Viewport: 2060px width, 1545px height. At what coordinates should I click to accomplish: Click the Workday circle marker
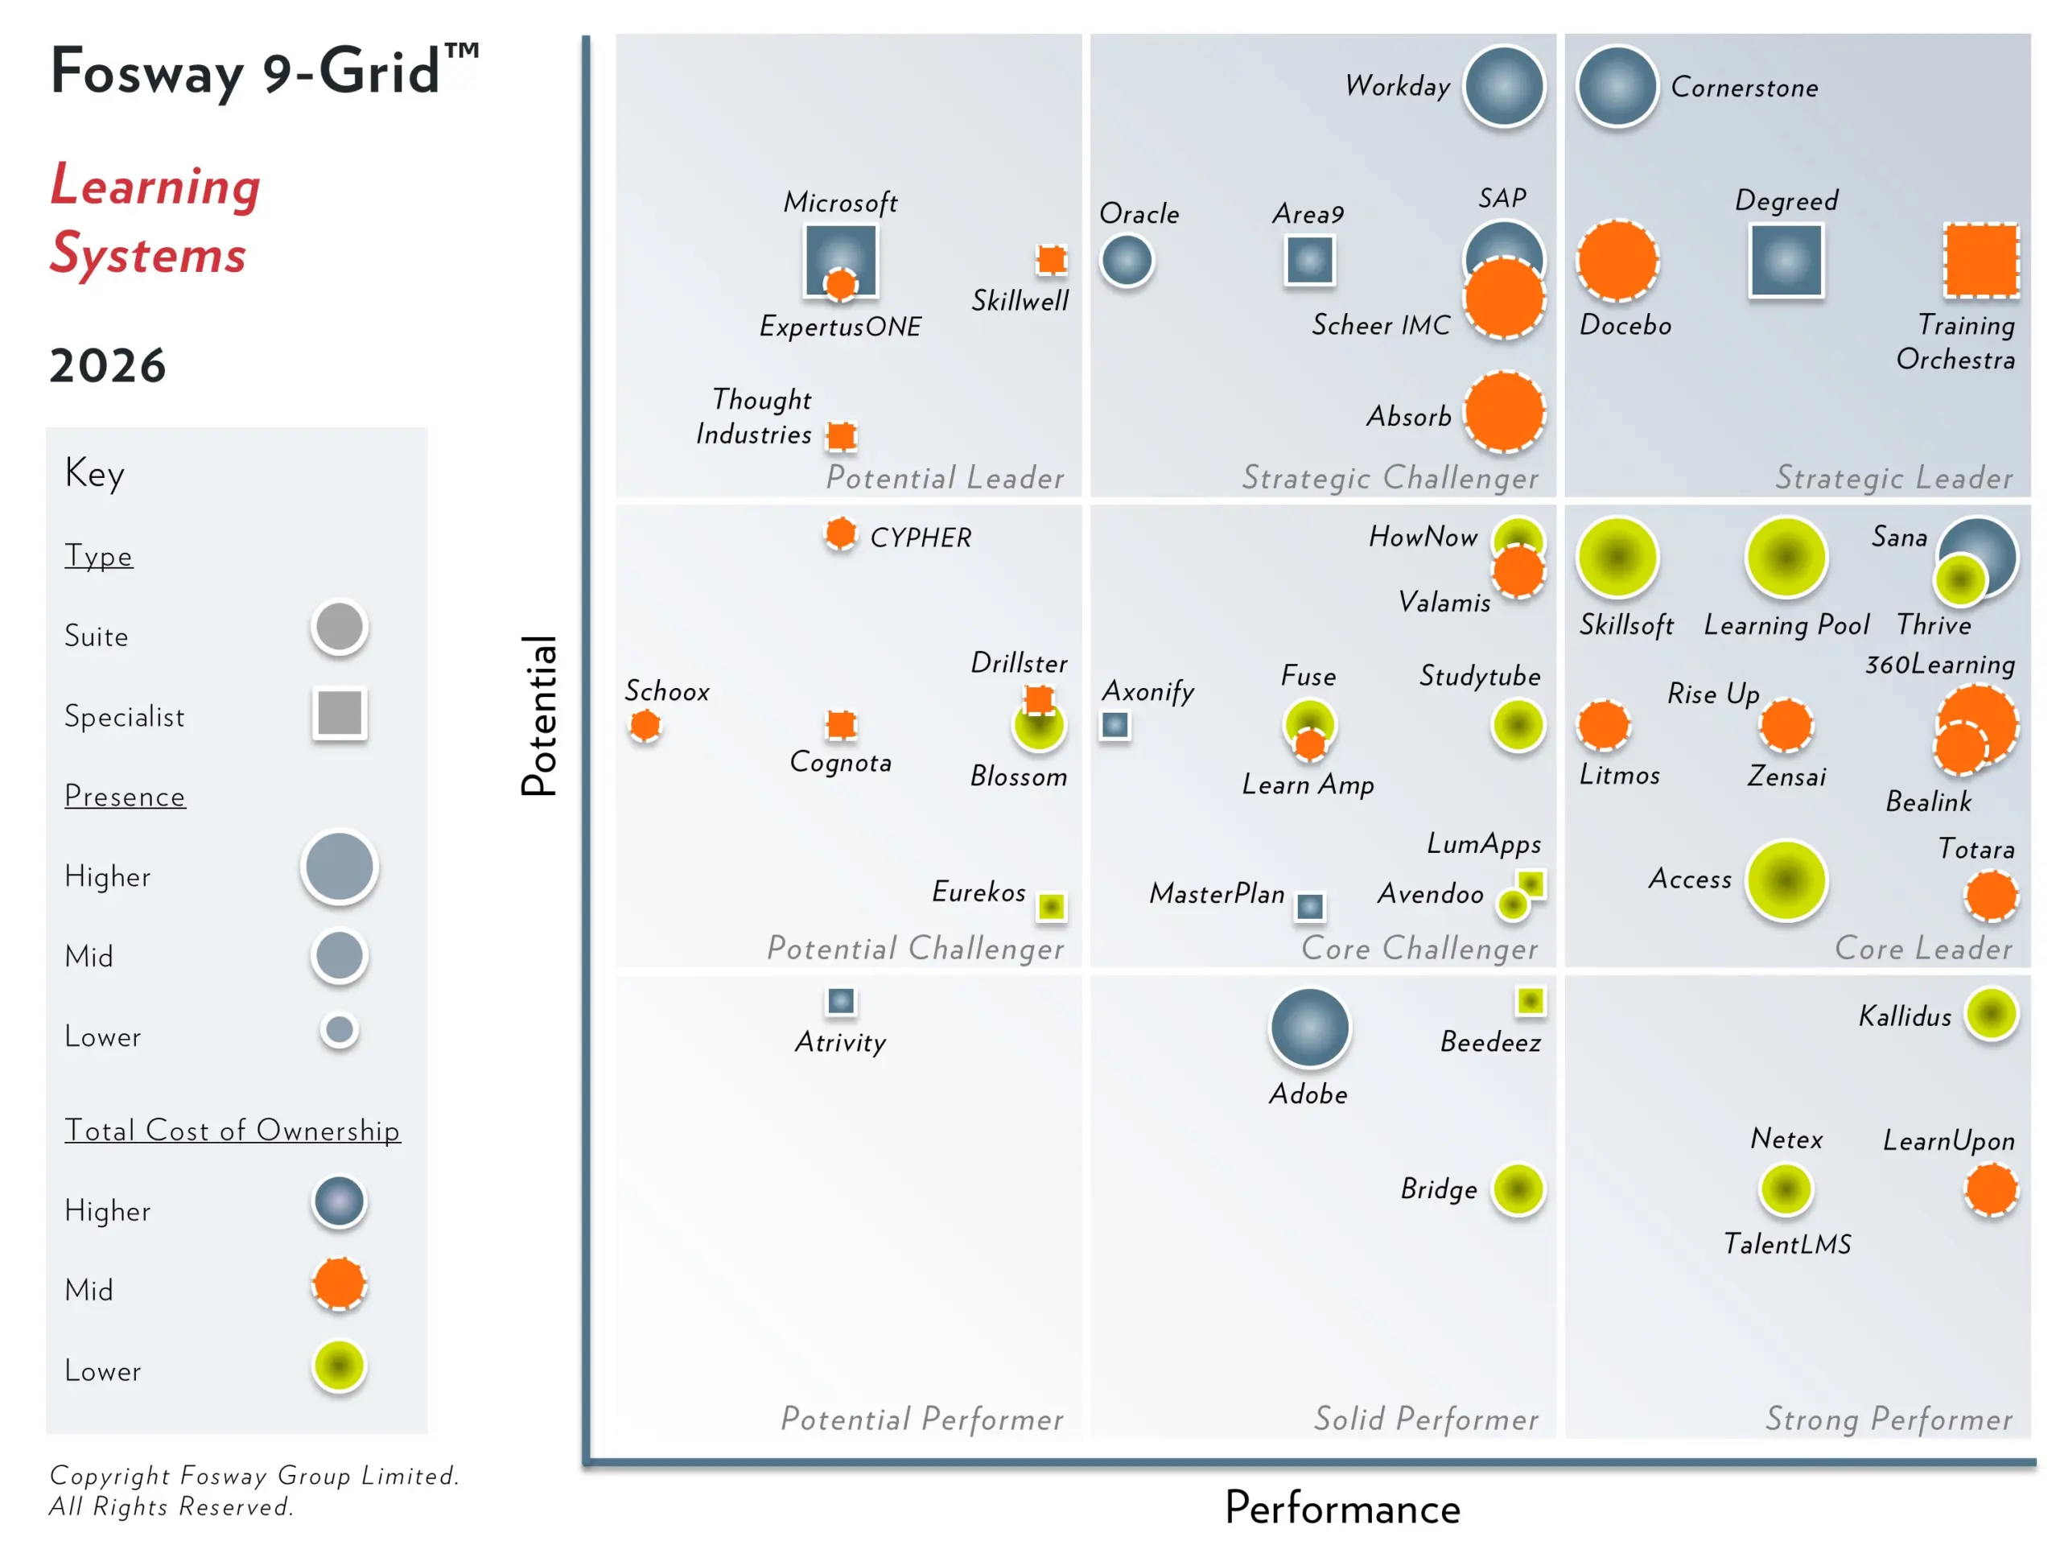tap(1504, 85)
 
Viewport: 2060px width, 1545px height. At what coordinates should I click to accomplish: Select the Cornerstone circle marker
tap(1617, 85)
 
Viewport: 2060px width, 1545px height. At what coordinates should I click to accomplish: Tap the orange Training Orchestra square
tap(1981, 261)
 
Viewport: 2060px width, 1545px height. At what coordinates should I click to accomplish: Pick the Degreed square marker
tap(1786, 261)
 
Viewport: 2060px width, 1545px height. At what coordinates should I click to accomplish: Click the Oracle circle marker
tap(1127, 260)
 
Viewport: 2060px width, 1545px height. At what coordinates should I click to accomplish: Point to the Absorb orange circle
tap(1504, 413)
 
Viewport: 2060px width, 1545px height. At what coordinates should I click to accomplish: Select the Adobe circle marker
tap(1309, 1028)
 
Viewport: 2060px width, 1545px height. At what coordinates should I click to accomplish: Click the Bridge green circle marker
tap(1518, 1189)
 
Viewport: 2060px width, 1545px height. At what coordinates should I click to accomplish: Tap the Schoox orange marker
tap(645, 724)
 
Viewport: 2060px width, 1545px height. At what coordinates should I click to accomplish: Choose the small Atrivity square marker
tap(841, 1001)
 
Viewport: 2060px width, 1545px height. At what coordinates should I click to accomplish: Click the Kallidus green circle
tap(1991, 1013)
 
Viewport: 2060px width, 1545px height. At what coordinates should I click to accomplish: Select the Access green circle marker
tap(1786, 880)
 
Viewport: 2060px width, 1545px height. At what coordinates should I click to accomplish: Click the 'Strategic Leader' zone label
tap(1893, 478)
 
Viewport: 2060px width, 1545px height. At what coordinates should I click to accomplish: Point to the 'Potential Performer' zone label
tap(921, 1419)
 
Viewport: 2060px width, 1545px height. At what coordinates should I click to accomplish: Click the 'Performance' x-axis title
tap(1342, 1508)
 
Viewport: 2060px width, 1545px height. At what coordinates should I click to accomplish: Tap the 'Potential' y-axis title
tap(539, 715)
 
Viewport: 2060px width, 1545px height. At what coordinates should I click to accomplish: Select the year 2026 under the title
tap(108, 365)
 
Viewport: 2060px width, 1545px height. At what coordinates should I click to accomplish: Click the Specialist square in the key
tap(340, 714)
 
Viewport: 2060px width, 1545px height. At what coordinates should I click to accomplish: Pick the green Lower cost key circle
tap(339, 1366)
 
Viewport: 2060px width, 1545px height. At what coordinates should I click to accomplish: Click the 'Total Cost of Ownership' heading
tap(232, 1130)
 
